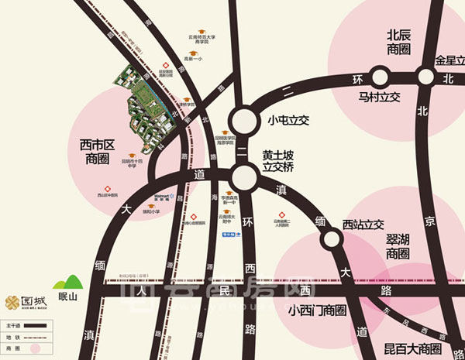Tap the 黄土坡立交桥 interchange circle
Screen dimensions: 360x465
coord(245,177)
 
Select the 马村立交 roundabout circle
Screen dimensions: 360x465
coord(379,77)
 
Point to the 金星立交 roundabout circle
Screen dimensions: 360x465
coord(425,76)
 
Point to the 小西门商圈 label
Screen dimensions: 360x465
coord(315,310)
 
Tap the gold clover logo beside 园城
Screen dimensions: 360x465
coord(12,302)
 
